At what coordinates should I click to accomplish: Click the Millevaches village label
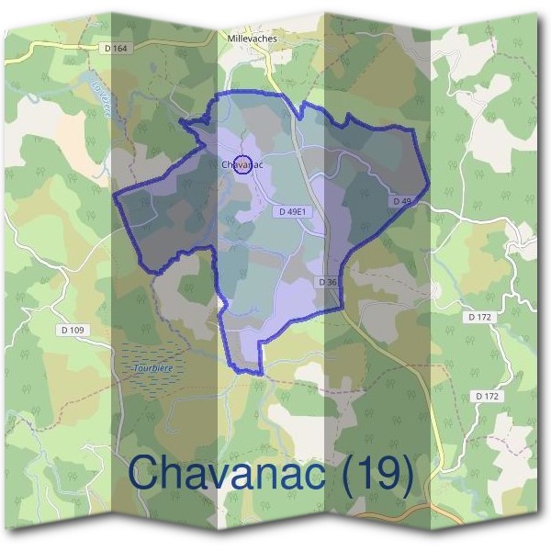[x=252, y=39]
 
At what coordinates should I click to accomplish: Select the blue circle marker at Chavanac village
[x=243, y=165]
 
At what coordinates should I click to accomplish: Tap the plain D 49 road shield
[x=401, y=200]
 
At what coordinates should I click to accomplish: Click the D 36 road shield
[x=329, y=282]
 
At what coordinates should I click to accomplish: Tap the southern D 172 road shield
[x=488, y=396]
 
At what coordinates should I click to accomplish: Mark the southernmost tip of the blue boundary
[x=261, y=375]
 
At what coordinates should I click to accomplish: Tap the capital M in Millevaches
[x=230, y=39]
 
